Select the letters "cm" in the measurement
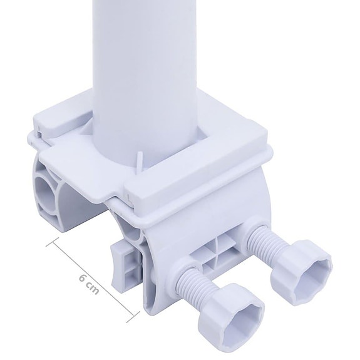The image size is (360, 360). pos(93,291)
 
